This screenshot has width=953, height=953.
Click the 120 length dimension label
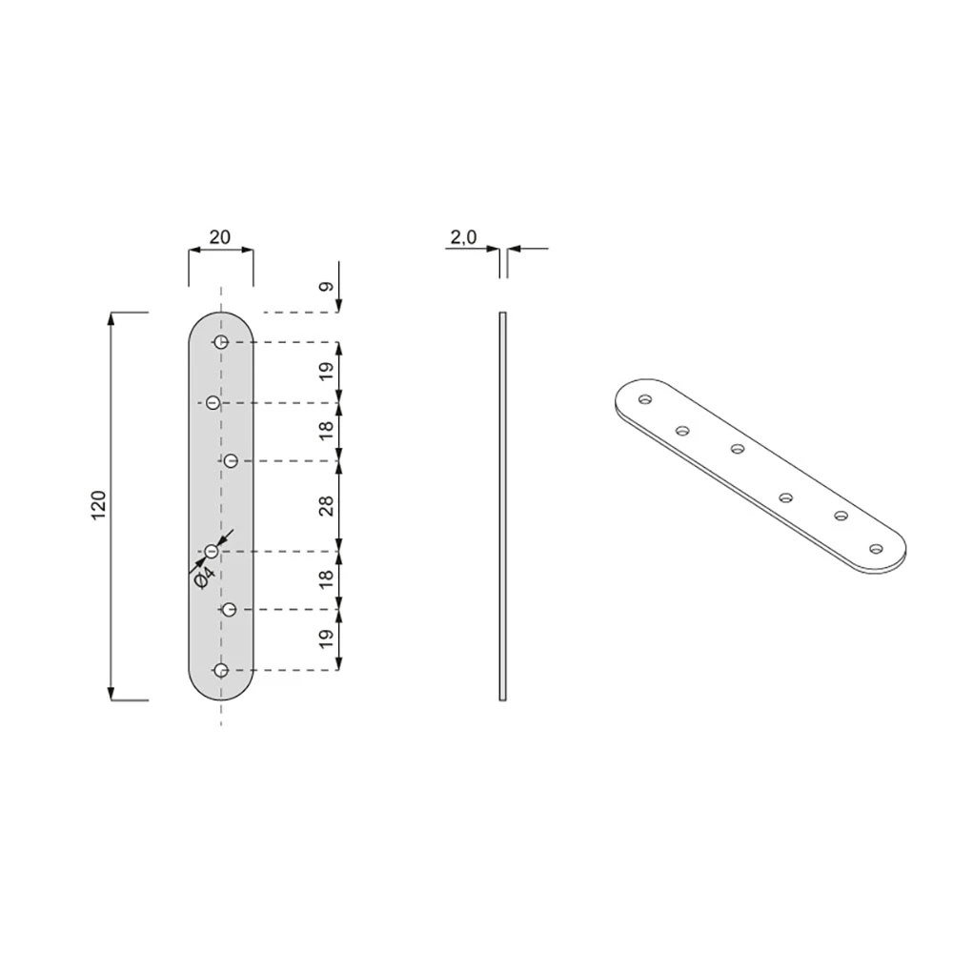[x=98, y=504]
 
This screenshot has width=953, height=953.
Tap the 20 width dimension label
[x=220, y=237]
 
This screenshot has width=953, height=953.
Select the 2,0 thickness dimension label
[x=464, y=237]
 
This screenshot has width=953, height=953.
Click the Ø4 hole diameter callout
[x=204, y=577]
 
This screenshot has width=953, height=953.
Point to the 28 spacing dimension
[x=327, y=506]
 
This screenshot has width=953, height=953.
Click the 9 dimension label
[x=327, y=286]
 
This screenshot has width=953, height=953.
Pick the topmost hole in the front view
[x=221, y=341]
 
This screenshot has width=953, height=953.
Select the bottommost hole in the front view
[x=221, y=670]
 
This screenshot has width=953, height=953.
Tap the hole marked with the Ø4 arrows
[x=212, y=551]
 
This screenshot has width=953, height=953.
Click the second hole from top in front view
[x=213, y=402]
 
